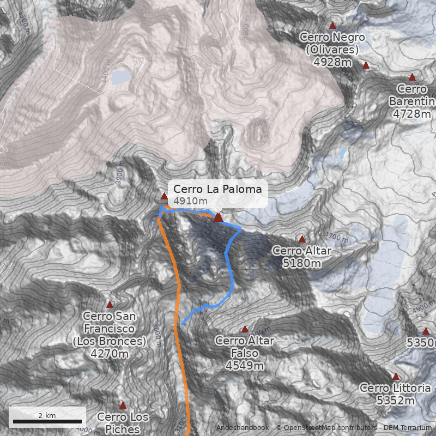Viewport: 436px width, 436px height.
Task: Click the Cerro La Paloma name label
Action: [217, 189]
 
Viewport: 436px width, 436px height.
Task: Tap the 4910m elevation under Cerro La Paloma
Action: [190, 201]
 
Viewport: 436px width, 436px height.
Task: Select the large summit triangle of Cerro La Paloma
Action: [219, 217]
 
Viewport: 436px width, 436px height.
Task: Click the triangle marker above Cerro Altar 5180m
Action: [302, 239]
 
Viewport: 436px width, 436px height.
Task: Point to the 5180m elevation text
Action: [301, 263]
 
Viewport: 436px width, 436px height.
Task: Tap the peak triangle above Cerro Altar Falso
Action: [245, 329]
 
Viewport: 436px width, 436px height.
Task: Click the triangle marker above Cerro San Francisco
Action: [110, 304]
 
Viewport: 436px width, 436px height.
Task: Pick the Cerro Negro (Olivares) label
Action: [332, 44]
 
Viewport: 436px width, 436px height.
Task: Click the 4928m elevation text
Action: [332, 62]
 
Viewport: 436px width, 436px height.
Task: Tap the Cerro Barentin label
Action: [412, 95]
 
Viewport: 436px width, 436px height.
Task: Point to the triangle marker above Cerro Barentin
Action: [412, 77]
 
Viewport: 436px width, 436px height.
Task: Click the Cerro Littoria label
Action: [395, 388]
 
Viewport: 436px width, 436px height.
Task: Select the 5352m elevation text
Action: [395, 401]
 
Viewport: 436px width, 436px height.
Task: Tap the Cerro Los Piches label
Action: [123, 423]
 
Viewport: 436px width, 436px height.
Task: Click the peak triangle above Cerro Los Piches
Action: [123, 405]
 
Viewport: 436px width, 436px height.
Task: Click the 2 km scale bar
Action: [47, 421]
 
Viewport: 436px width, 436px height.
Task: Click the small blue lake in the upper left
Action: [121, 76]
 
